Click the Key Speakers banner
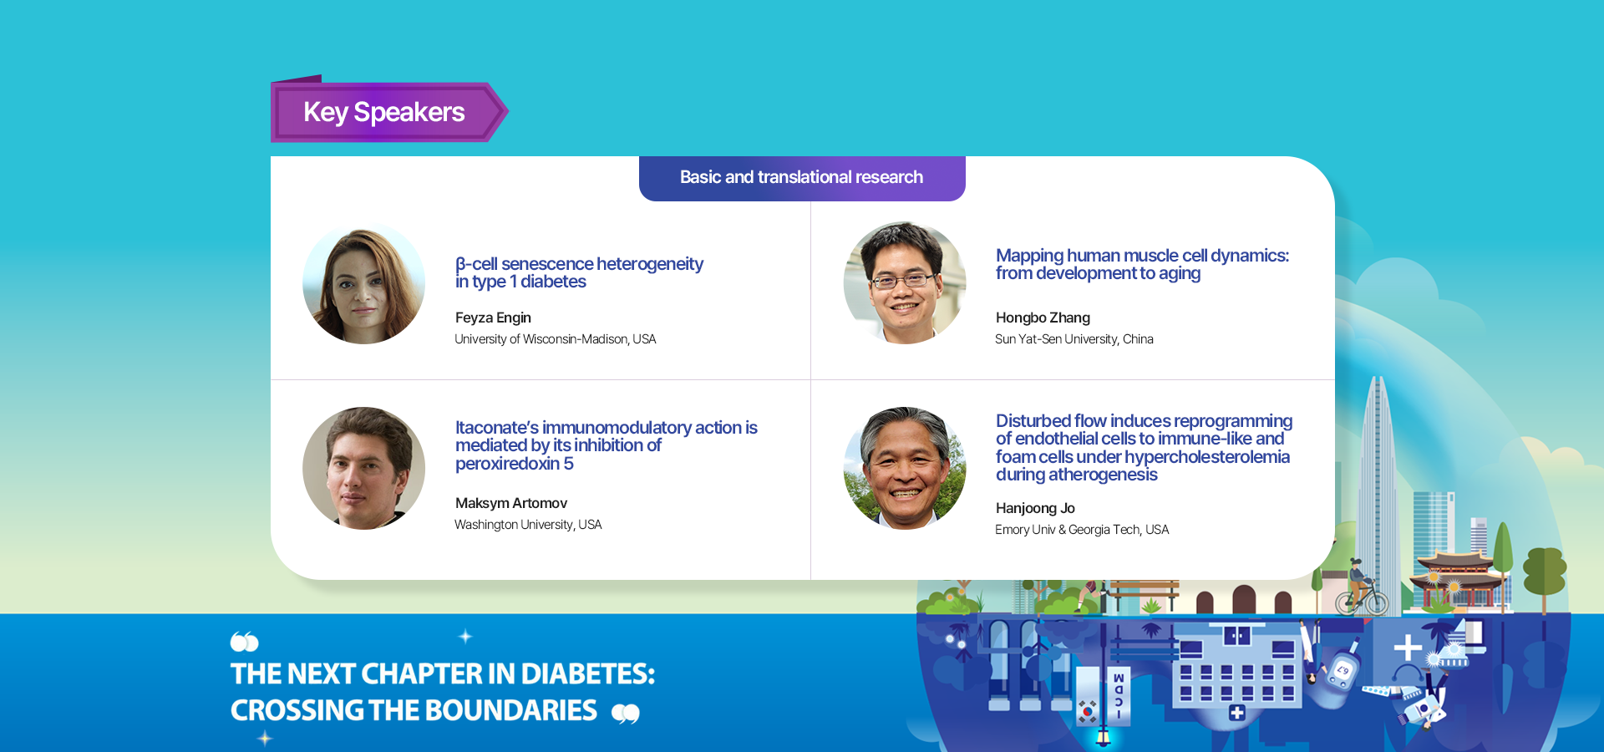click(x=388, y=111)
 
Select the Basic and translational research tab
click(x=802, y=178)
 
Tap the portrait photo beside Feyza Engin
click(x=363, y=283)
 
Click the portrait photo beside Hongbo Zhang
click(x=905, y=283)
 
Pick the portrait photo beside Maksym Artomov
click(x=363, y=468)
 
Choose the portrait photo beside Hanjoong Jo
click(x=905, y=468)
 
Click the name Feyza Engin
click(x=493, y=318)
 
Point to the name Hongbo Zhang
click(x=1043, y=318)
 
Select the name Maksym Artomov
click(x=511, y=503)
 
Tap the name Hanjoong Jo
click(x=1035, y=508)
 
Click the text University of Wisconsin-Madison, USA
click(x=556, y=339)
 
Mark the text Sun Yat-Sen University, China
click(x=1074, y=339)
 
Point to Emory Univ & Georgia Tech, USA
click(x=1082, y=530)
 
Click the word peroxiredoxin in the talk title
click(x=507, y=464)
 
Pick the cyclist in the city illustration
click(x=1362, y=587)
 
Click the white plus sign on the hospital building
click(x=1237, y=713)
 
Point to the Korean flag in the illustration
click(x=1087, y=711)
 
